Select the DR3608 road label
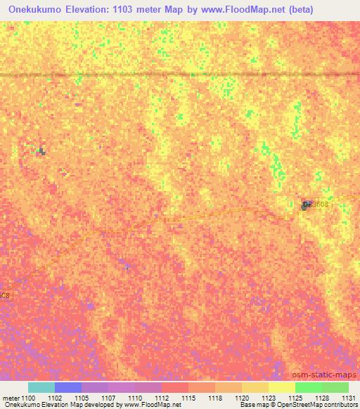[316, 203]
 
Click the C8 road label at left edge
[5, 294]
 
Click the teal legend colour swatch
[41, 387]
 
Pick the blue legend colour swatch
[68, 387]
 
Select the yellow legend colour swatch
[281, 387]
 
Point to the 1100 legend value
[28, 398]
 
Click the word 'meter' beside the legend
[10, 398]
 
